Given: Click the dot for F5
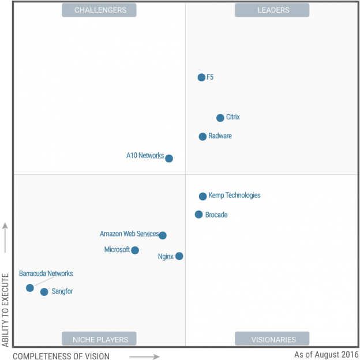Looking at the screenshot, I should point(201,77).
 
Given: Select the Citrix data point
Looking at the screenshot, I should point(220,118).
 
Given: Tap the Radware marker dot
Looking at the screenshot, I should point(202,137).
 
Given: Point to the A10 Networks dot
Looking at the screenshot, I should point(169,158).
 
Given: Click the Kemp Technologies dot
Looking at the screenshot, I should point(202,196).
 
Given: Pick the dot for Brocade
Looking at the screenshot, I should point(199,215).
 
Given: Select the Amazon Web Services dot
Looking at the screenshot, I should point(163,235).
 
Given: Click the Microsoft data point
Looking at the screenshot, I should point(135,250).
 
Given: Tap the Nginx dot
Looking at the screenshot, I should point(179,256).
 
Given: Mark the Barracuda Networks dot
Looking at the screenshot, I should point(30,288).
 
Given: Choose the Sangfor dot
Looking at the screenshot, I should point(44,292).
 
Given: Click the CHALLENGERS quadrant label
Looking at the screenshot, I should point(99,10).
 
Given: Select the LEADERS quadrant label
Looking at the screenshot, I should point(272,10).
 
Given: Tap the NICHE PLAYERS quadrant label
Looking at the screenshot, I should point(99,339).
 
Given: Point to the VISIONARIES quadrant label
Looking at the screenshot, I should point(272,339).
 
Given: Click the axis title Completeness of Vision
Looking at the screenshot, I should point(61,355).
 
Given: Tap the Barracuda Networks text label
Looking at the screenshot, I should point(46,273).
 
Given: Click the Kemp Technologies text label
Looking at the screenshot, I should point(234,196).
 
